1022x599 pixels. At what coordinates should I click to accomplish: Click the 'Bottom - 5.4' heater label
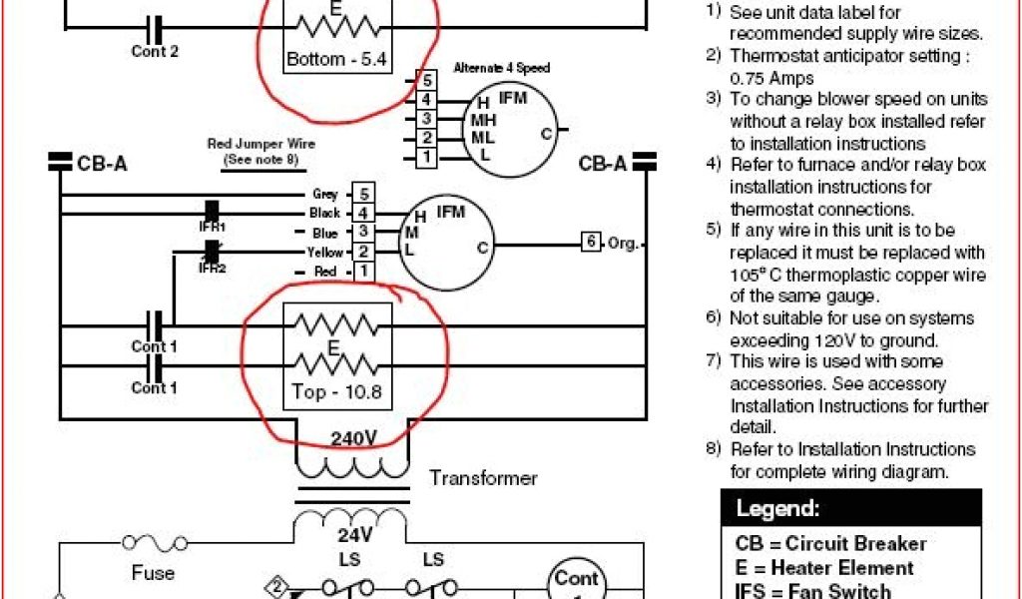[x=335, y=60]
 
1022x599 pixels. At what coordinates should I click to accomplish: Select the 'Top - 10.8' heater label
[x=337, y=392]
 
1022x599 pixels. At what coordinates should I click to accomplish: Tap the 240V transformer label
[x=353, y=438]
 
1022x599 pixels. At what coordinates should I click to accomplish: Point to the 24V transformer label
[x=353, y=534]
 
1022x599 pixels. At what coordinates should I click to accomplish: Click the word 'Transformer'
[x=483, y=478]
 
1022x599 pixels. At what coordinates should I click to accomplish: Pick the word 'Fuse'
[x=153, y=573]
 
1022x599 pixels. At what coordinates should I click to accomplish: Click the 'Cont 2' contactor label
[x=155, y=51]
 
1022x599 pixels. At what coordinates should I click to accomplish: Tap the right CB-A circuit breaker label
[x=603, y=163]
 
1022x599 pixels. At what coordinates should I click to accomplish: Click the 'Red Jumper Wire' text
[x=253, y=145]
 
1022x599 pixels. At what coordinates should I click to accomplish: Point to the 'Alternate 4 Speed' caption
[x=500, y=68]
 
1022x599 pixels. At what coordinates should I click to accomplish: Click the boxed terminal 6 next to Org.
[x=591, y=242]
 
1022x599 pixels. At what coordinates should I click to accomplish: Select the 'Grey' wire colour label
[x=326, y=195]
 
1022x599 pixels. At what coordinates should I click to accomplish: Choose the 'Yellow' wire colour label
[x=324, y=253]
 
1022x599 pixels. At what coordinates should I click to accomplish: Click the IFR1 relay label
[x=212, y=228]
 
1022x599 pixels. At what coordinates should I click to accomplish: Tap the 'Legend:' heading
[x=777, y=509]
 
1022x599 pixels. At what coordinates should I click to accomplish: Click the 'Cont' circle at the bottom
[x=575, y=579]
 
